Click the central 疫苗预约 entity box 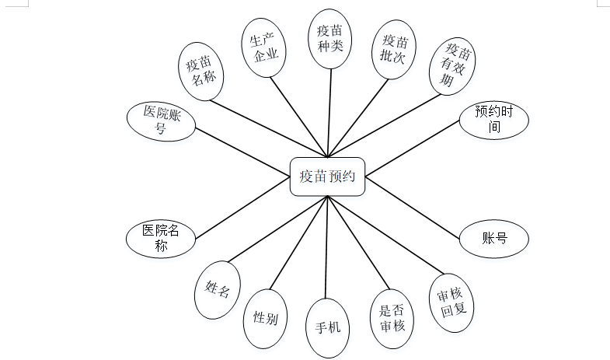click(x=327, y=177)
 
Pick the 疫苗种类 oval click(x=330, y=40)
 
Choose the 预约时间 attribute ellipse click(x=494, y=120)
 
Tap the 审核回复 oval click(x=451, y=302)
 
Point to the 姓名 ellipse click(x=217, y=291)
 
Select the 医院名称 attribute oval click(x=161, y=238)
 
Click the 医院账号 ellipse click(x=161, y=121)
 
